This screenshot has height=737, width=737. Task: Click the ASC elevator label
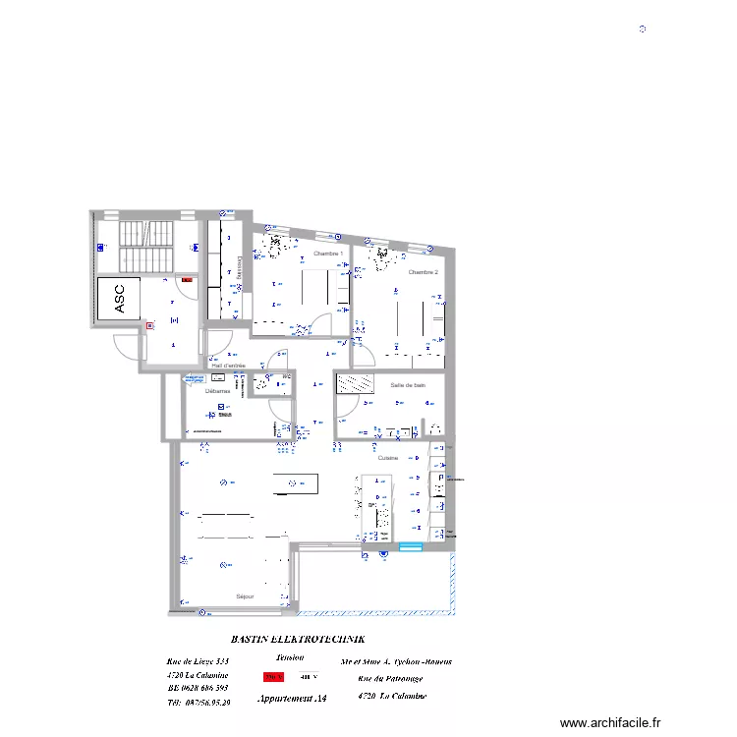pos(120,299)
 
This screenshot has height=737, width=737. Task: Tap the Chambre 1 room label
pos(327,254)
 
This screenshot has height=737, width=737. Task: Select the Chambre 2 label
pos(423,272)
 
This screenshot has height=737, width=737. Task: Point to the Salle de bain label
pos(407,385)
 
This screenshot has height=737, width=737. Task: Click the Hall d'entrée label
pos(228,366)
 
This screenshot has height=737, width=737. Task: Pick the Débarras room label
pos(217,391)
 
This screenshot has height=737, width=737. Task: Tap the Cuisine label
pos(387,458)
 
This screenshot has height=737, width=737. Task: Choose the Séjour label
pos(245,596)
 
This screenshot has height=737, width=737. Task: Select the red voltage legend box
pos(273,676)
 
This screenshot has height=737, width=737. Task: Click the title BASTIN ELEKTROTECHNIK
pos(297,638)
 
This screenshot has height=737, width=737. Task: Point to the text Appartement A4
pos(292,699)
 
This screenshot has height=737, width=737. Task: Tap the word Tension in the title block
pos(291,657)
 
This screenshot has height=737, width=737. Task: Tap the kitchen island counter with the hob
pos(376,506)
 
